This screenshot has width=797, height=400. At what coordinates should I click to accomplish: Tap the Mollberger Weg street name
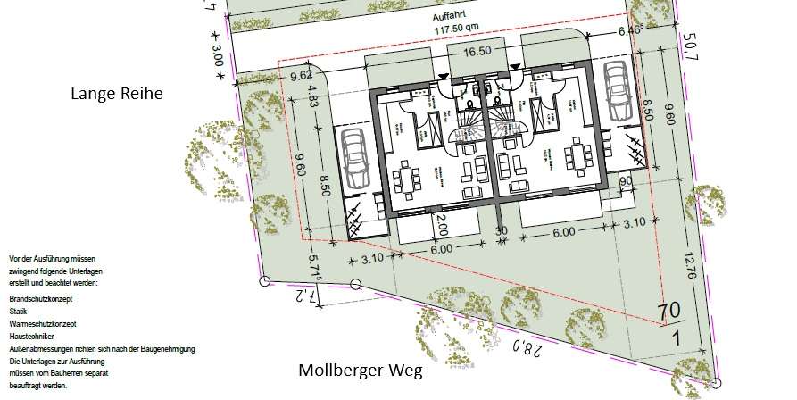click(x=361, y=371)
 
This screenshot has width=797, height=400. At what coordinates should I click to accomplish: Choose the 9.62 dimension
click(x=301, y=75)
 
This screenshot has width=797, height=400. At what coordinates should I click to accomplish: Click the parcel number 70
click(x=669, y=311)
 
